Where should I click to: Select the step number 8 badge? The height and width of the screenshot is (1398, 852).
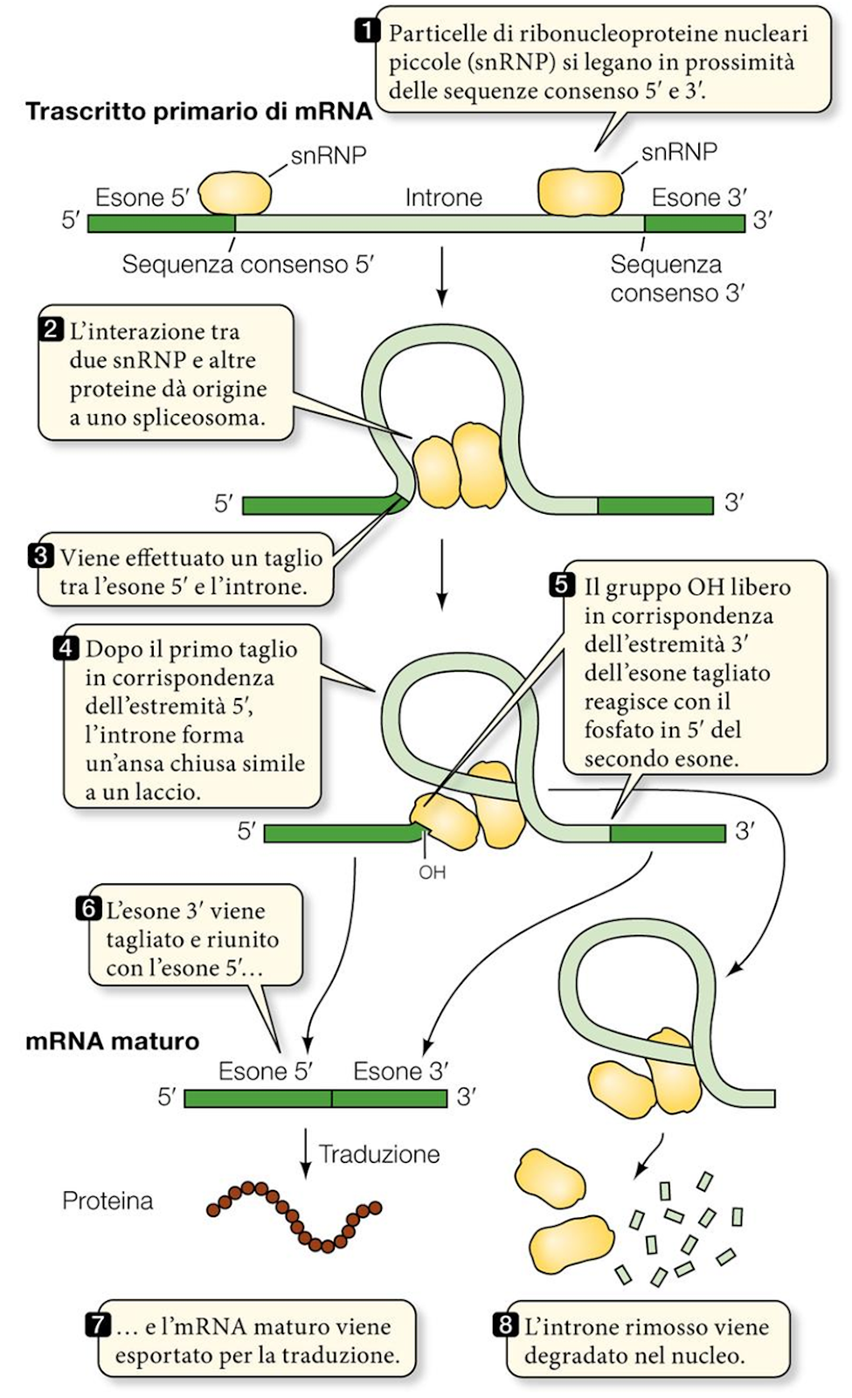(x=505, y=1325)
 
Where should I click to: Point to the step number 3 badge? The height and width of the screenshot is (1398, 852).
(x=42, y=556)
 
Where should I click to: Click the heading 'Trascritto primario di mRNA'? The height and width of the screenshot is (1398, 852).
(x=198, y=112)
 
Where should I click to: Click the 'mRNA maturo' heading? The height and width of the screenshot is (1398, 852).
(x=112, y=1042)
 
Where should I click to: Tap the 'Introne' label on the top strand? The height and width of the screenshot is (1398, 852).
(x=443, y=197)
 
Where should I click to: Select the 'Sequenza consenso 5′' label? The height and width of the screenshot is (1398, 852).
(x=247, y=264)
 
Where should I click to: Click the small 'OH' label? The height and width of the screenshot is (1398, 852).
(x=432, y=872)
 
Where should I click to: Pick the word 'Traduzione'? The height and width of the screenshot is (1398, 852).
(x=379, y=1154)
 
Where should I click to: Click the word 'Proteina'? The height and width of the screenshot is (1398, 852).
(x=107, y=1201)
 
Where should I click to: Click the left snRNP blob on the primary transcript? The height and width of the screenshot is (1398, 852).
(x=235, y=192)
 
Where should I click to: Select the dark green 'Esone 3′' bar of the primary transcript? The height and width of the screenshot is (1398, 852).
(x=695, y=223)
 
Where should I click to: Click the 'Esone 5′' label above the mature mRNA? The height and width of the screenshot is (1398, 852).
(x=265, y=1071)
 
